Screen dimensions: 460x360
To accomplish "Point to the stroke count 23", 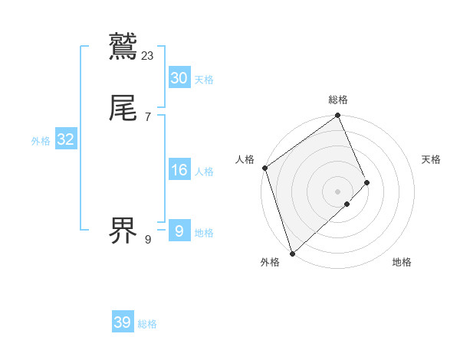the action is click(x=148, y=55).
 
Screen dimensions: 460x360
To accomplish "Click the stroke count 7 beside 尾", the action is click(x=147, y=116).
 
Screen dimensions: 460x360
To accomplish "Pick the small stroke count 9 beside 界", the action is click(x=147, y=239).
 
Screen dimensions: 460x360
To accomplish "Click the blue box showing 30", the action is click(x=179, y=78).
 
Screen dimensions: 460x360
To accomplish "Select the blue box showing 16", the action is click(x=179, y=170).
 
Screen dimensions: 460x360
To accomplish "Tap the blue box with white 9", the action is click(x=179, y=231).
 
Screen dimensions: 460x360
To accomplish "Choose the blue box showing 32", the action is click(x=65, y=139).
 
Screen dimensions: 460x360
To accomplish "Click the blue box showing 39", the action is click(x=122, y=323).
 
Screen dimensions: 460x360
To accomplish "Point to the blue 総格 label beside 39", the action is click(x=147, y=324).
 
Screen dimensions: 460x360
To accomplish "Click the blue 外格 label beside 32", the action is click(x=41, y=140).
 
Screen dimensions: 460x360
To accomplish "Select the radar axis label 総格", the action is click(x=338, y=100).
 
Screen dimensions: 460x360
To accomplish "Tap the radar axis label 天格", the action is click(x=432, y=159).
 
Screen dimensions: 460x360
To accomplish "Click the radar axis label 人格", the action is click(x=245, y=159).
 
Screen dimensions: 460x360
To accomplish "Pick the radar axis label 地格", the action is click(x=402, y=263).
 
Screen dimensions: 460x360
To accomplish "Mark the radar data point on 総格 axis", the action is click(x=338, y=116).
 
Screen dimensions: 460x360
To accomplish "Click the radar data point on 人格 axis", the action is click(x=264, y=168).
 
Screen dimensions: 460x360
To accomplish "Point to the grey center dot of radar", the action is click(x=338, y=191).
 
